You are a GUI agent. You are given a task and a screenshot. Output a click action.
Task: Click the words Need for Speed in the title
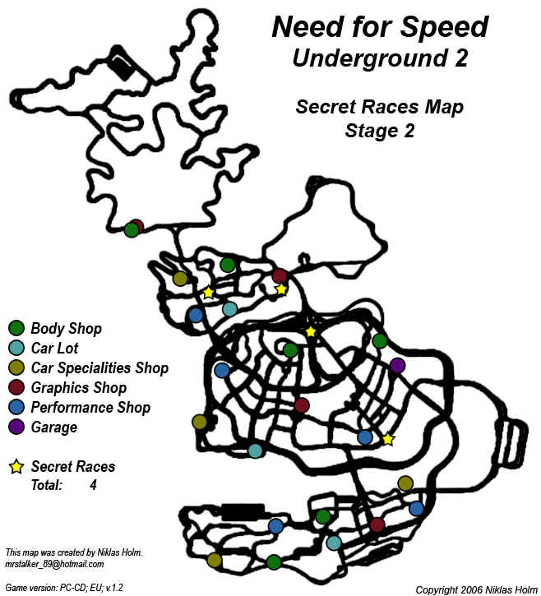coord(380,27)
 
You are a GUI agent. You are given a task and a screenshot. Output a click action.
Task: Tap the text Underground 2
coord(380,58)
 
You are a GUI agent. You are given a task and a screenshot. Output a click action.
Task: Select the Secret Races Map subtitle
coord(380,107)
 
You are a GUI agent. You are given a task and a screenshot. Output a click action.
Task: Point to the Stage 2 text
coord(380,131)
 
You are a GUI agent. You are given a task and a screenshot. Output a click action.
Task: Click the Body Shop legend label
coord(66,329)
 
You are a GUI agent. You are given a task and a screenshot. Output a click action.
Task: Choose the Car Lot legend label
coord(55,349)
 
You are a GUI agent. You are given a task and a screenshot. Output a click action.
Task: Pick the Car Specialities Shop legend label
coord(99,368)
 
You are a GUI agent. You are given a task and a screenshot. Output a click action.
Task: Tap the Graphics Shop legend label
coord(78,388)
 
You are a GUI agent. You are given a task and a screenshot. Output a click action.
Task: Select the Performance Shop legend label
coord(90,408)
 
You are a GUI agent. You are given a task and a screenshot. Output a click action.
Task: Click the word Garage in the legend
coord(53,427)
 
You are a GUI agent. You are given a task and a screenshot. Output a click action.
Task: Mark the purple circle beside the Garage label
coord(16,427)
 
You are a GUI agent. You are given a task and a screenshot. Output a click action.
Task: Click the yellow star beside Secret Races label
coord(16,467)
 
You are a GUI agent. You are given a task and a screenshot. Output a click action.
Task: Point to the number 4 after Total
coord(94,486)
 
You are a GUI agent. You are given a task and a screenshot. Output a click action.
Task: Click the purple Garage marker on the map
coord(397,365)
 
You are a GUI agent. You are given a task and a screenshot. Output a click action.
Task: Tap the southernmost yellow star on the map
coord(388,440)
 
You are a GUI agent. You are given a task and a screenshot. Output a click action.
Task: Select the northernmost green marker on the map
coord(131,230)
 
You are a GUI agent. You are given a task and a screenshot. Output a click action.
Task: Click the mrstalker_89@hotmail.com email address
coord(53,564)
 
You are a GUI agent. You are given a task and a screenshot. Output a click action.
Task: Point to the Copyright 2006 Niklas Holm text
coord(474,589)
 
